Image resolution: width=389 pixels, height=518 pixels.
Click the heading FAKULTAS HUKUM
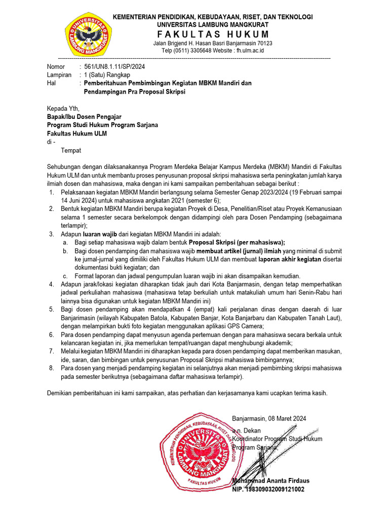(x=212, y=34)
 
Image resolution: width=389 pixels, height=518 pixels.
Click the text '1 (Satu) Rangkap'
(x=107, y=75)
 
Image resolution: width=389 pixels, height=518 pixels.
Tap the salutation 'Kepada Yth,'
(x=63, y=108)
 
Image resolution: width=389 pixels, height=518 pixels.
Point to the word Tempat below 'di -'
(x=71, y=150)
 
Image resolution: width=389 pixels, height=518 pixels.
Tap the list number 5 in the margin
(x=51, y=310)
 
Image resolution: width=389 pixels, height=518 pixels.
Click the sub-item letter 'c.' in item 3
(x=65, y=276)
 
